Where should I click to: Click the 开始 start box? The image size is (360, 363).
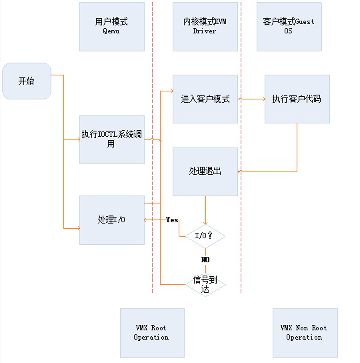[27, 81]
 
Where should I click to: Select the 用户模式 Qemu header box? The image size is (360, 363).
[111, 27]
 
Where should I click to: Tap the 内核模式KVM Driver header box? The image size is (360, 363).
[205, 27]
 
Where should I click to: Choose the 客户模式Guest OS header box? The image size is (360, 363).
[289, 27]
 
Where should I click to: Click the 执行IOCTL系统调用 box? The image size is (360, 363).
[111, 139]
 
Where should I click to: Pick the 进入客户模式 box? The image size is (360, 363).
[205, 99]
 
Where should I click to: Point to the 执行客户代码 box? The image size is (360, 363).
[297, 99]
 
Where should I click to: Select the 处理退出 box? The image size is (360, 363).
[205, 171]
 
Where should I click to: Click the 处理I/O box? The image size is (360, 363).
[111, 220]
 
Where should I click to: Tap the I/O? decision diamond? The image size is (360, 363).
[205, 236]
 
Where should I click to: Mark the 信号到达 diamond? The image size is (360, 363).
[205, 284]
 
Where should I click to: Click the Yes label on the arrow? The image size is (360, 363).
[171, 220]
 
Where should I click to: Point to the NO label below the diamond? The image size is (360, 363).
[205, 259]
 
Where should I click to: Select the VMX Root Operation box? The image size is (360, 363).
[151, 332]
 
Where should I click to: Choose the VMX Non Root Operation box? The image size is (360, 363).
[305, 332]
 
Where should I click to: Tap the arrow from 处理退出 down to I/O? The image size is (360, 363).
[205, 210]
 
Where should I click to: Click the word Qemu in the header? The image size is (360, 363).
[111, 31]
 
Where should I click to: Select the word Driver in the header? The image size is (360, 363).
[205, 31]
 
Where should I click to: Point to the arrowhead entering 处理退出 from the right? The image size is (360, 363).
[241, 171]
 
